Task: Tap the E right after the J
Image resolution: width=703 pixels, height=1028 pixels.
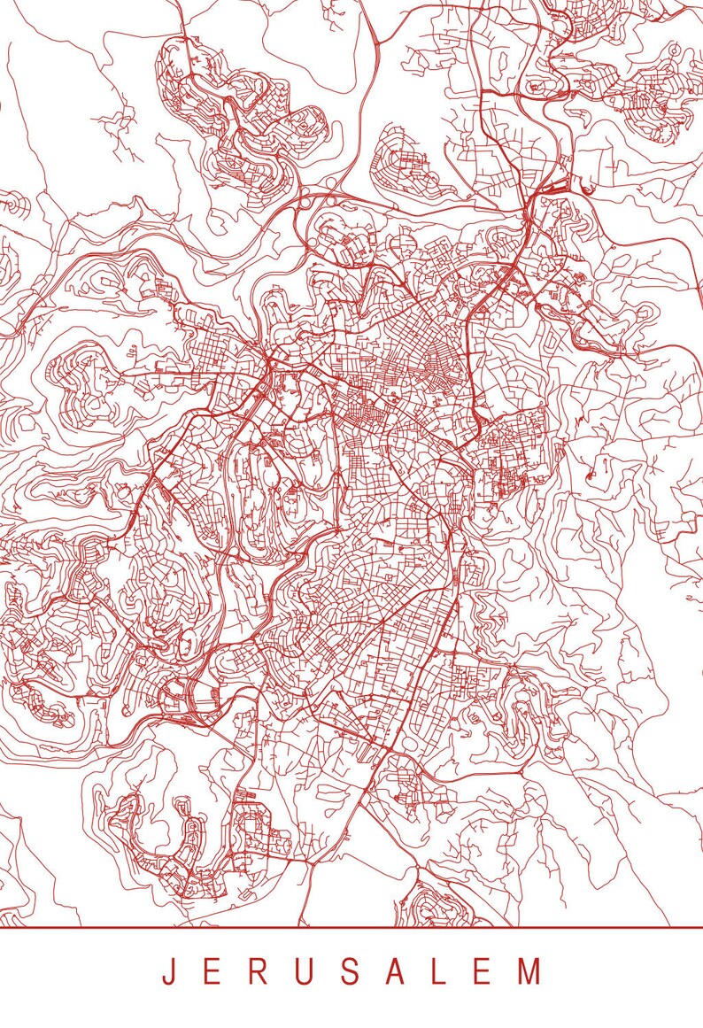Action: tap(211, 971)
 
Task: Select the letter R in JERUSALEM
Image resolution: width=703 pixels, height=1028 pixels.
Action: tap(257, 971)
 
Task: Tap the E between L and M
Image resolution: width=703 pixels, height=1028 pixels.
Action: tap(483, 971)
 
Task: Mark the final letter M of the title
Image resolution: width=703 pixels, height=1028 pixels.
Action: tap(529, 971)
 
